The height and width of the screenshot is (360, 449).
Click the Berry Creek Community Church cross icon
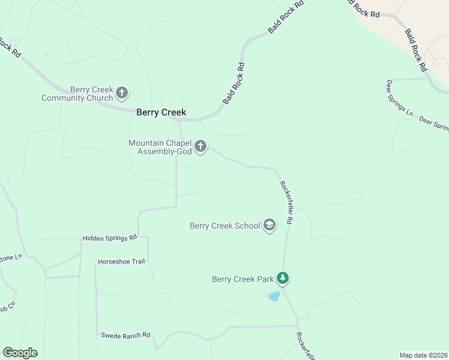pyautogui.click(x=122, y=93)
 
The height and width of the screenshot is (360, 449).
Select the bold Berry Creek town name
pyautogui.click(x=161, y=112)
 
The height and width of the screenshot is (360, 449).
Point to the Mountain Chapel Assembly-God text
pyautogui.click(x=160, y=147)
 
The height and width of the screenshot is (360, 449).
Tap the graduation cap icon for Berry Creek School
pyautogui.click(x=270, y=226)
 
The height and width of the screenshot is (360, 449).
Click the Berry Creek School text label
pyautogui.click(x=224, y=226)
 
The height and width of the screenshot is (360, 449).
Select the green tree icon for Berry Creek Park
pyautogui.click(x=283, y=278)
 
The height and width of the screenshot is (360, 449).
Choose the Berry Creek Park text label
pyautogui.click(x=243, y=279)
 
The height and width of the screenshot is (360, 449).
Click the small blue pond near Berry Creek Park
pyautogui.click(x=274, y=296)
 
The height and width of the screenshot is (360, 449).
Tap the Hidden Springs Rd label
pyautogui.click(x=110, y=238)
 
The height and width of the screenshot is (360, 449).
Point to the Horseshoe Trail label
pyautogui.click(x=121, y=262)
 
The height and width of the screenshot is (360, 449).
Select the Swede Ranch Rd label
pyautogui.click(x=125, y=335)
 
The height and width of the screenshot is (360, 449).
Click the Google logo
pyautogui.click(x=20, y=353)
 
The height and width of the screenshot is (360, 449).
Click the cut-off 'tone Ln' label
pyautogui.click(x=10, y=257)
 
